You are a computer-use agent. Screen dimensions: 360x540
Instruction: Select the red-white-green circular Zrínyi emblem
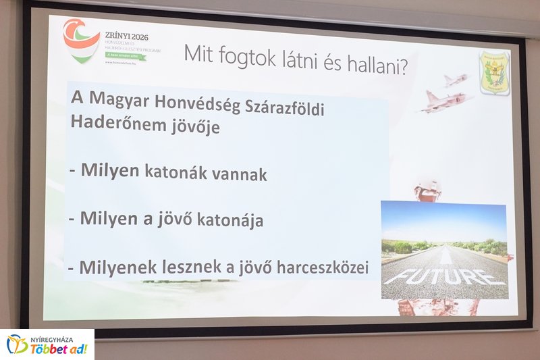81,41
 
